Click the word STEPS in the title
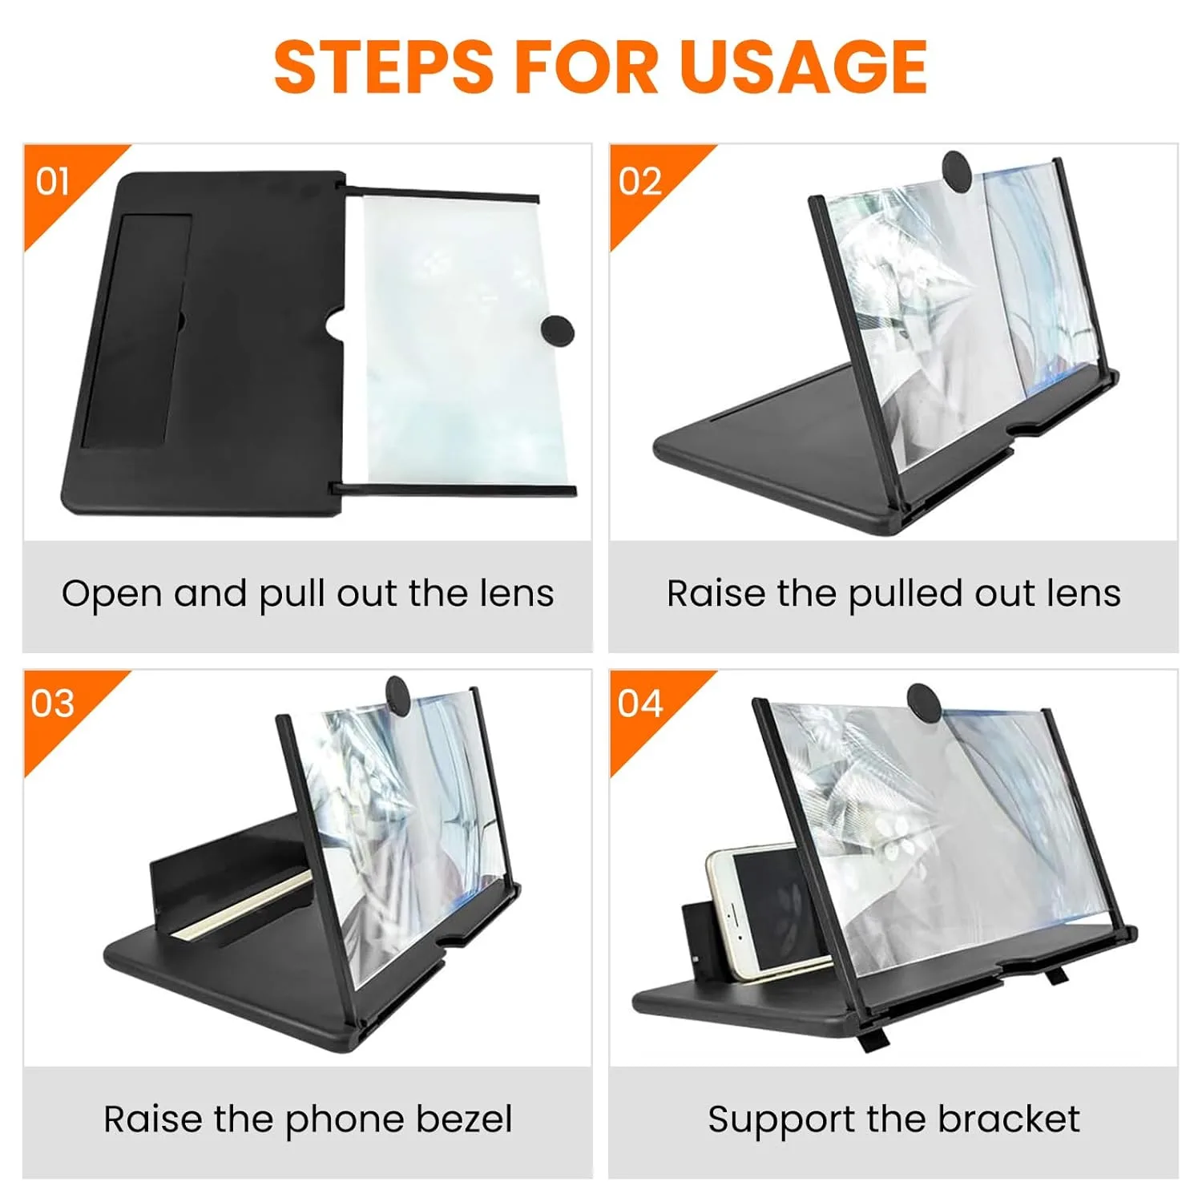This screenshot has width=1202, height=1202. (x=383, y=67)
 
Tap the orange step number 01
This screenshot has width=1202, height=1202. (x=53, y=182)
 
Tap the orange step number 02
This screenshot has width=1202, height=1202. (x=639, y=182)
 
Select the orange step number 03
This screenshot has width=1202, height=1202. (x=53, y=704)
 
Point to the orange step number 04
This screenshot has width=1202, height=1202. (x=639, y=704)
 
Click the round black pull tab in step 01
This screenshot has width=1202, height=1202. (x=558, y=330)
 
